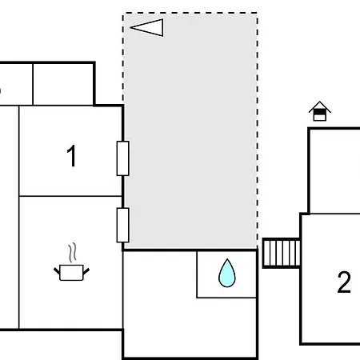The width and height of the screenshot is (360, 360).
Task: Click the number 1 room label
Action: pyautogui.click(x=71, y=156)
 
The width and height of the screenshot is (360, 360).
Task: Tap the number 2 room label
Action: pyautogui.click(x=344, y=282)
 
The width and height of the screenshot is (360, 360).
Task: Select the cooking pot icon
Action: pyautogui.click(x=71, y=272)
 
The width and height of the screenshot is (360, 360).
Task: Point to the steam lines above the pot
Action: pyautogui.click(x=72, y=252)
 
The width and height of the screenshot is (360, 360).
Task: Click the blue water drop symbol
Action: pyautogui.click(x=227, y=273)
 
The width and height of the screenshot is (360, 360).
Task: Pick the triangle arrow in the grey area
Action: pyautogui.click(x=147, y=27)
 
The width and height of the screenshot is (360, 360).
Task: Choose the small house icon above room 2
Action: pyautogui.click(x=320, y=111)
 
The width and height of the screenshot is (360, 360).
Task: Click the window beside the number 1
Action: pyautogui.click(x=122, y=158)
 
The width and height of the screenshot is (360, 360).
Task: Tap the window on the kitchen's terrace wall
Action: pyautogui.click(x=122, y=226)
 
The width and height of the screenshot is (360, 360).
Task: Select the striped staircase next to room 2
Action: pyautogui.click(x=282, y=253)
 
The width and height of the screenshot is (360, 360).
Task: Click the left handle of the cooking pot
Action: pyautogui.click(x=57, y=271)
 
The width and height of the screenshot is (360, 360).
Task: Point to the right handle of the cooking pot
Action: pyautogui.click(x=86, y=271)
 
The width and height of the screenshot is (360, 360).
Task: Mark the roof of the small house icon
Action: pyautogui.click(x=320, y=106)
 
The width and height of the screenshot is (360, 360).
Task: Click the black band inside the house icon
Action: pyautogui.click(x=320, y=113)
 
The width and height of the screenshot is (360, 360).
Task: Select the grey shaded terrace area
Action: pyautogui.click(x=190, y=131)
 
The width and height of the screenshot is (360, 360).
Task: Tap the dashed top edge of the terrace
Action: pyautogui.click(x=190, y=13)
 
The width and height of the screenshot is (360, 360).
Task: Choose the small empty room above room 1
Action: pyautogui.click(x=63, y=84)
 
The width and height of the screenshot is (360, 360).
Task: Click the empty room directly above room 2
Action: pyautogui.click(x=334, y=171)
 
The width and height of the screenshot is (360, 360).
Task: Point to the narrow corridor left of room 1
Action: pyautogui.click(x=10, y=218)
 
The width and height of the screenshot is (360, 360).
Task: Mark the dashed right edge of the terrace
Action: pyautogui.click(x=258, y=130)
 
